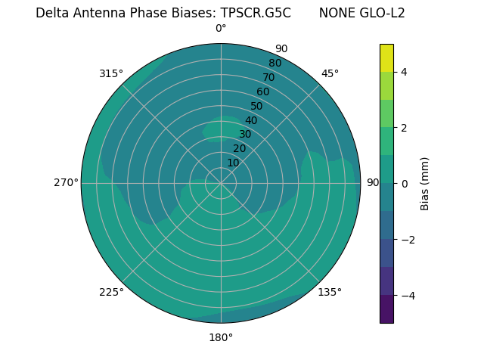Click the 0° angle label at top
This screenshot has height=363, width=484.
point(221,29)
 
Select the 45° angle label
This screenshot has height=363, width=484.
point(330,73)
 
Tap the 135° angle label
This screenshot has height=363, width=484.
point(330,292)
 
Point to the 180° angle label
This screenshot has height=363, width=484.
point(221,337)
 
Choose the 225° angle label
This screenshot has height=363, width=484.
point(111,292)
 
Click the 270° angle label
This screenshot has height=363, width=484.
point(66,182)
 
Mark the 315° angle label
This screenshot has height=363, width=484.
point(111,73)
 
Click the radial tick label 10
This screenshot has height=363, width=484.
point(233,163)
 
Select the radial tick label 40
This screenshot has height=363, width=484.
point(251,120)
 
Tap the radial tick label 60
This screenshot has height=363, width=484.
point(262,92)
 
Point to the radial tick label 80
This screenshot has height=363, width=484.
point(275,63)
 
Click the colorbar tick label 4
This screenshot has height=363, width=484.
point(404,72)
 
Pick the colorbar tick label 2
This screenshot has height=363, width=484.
point(404,128)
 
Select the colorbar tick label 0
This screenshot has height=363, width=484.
point(404,184)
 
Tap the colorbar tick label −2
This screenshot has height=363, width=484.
point(407,240)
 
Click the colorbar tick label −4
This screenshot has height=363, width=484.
point(407,296)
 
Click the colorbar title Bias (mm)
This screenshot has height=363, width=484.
point(425,184)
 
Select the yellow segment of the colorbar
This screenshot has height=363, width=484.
point(386,58)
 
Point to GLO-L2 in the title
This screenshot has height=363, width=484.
point(381,13)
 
